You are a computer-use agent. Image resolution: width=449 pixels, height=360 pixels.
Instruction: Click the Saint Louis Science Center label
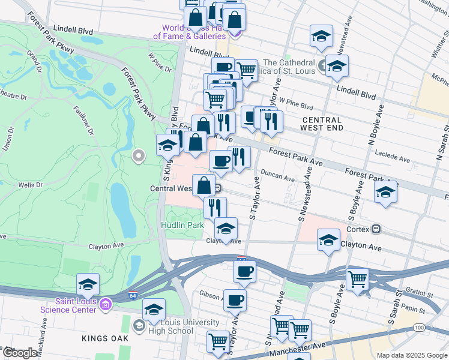pyautogui.click(x=68, y=305)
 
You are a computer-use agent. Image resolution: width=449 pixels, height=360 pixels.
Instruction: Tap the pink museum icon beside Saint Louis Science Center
pyautogui.click(x=106, y=305)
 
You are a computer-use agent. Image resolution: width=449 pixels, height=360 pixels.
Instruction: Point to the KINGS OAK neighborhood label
pyautogui.click(x=104, y=339)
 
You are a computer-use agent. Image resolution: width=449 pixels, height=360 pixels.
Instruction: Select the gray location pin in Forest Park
pyautogui.click(x=139, y=157)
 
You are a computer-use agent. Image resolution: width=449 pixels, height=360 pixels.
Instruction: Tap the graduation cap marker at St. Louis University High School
pyautogui.click(x=154, y=309)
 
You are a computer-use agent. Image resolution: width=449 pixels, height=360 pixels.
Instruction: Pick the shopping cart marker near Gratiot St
pyautogui.click(x=358, y=278)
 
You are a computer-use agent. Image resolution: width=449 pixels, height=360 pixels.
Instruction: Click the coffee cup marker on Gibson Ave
pyautogui.click(x=235, y=299)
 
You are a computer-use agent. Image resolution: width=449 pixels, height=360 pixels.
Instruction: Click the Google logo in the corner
pyautogui.click(x=20, y=353)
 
